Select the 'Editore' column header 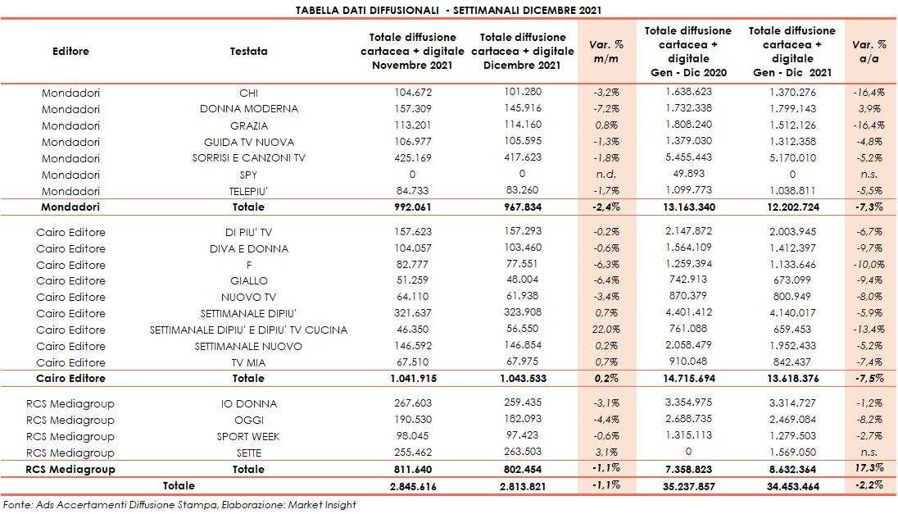click(70, 51)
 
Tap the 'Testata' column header click(248, 51)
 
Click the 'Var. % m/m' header click(607, 51)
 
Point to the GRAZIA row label click(248, 125)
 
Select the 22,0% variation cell click(607, 330)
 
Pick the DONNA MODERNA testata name click(248, 109)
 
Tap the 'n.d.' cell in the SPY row click(607, 175)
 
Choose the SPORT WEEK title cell click(248, 436)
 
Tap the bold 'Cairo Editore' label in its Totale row click(70, 379)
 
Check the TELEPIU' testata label click(248, 191)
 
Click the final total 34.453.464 click(792, 486)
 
